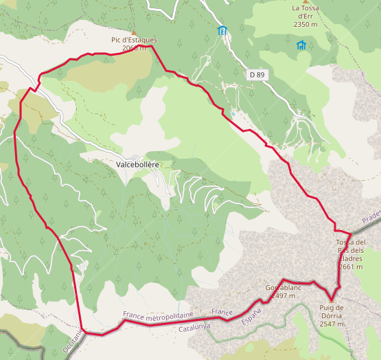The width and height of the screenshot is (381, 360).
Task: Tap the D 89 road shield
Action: (x=257, y=74)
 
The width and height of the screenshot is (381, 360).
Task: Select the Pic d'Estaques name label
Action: (x=134, y=40)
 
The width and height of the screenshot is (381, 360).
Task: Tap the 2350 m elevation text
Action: (x=304, y=24)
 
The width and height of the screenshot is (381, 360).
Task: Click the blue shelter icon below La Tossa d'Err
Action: (x=301, y=45)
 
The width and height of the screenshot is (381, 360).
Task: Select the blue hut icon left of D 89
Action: (x=222, y=30)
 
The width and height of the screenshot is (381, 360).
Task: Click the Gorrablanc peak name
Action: (x=284, y=288)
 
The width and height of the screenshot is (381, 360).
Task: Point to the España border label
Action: (x=253, y=316)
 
